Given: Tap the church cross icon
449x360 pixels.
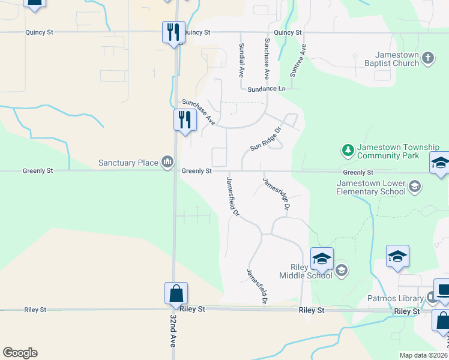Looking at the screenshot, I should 427,58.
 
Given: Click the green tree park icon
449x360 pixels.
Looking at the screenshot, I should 346,149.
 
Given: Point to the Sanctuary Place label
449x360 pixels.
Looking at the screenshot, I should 129,163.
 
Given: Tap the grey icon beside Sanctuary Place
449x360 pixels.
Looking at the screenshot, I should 167,162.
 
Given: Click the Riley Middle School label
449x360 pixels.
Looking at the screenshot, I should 306,271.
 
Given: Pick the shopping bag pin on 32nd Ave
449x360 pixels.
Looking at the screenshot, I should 176,293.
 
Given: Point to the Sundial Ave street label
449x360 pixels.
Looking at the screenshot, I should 241,61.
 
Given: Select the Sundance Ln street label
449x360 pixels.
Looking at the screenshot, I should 267,88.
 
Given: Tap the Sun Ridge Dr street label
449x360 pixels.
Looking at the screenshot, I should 267,139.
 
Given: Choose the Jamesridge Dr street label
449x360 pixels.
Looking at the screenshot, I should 276,193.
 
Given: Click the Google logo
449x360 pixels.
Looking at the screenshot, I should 20,353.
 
